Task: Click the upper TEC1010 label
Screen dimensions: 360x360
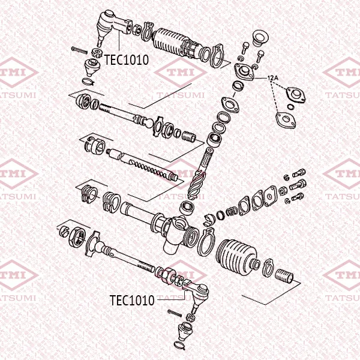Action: (x=127, y=60)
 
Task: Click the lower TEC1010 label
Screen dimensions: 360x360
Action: (x=132, y=301)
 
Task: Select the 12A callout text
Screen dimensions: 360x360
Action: (x=273, y=78)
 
